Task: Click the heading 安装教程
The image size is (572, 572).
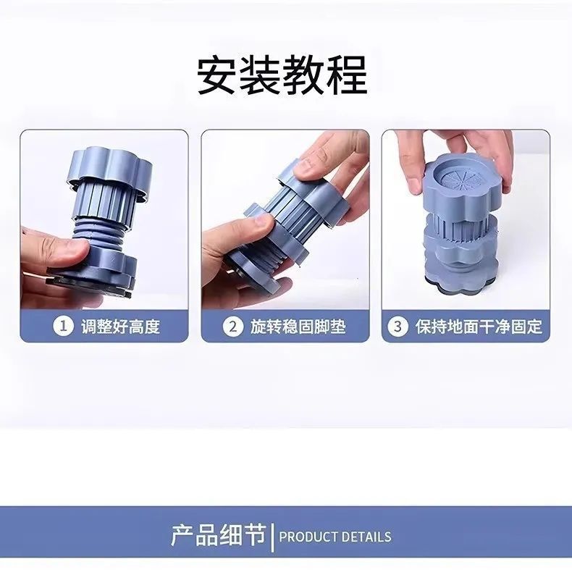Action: [282, 75]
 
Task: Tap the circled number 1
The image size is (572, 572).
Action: [64, 326]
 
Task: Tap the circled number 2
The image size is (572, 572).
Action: [232, 326]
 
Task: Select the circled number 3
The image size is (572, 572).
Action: [398, 326]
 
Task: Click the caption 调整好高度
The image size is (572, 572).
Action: [121, 326]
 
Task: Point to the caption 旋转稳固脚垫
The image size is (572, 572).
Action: [298, 326]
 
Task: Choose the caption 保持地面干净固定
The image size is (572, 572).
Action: [479, 326]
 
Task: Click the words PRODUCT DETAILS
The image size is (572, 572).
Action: [335, 537]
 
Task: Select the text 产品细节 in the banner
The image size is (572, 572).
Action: [218, 535]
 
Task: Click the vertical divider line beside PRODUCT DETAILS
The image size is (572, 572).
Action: [272, 537]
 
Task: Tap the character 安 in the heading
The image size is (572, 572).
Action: [218, 75]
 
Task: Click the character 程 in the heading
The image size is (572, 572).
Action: [347, 75]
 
